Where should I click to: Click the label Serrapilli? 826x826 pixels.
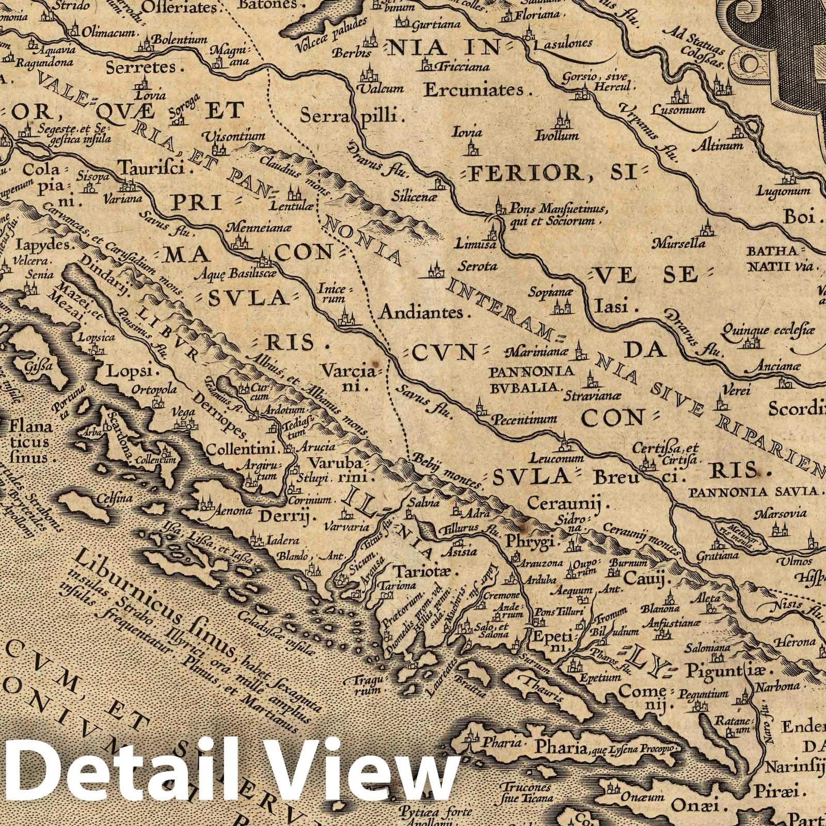click(x=351, y=116)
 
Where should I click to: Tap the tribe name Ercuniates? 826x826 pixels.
click(x=473, y=90)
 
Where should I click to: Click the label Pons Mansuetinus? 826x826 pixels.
click(x=551, y=209)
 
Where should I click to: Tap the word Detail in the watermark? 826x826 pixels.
click(x=124, y=774)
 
